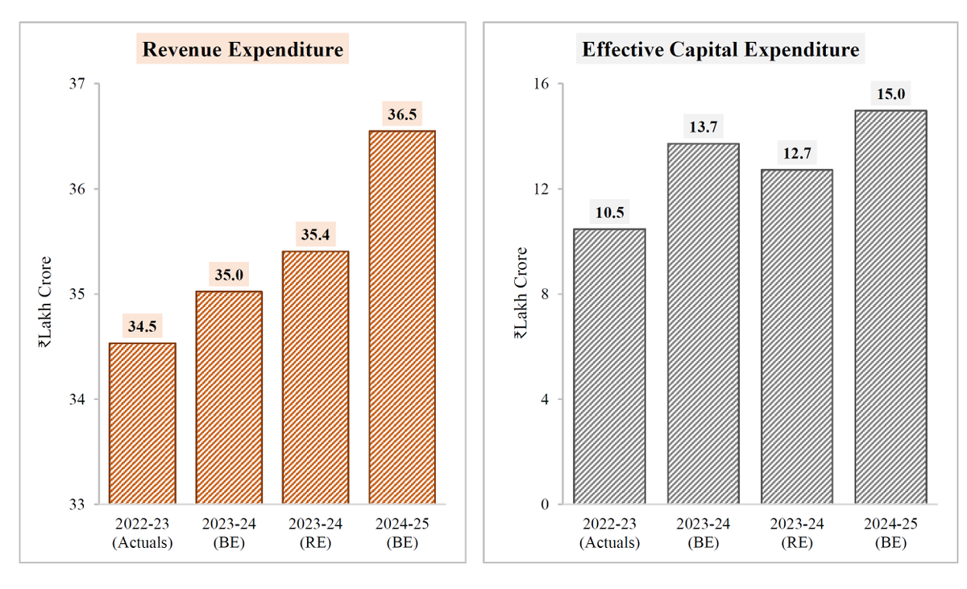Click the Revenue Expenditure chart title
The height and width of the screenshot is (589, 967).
pyautogui.click(x=243, y=50)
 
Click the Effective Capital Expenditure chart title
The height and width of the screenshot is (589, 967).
pyautogui.click(x=720, y=50)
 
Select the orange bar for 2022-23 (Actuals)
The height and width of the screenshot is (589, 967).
pyautogui.click(x=143, y=423)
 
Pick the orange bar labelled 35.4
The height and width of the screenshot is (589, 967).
pyautogui.click(x=315, y=377)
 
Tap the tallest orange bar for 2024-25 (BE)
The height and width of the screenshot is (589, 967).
pyautogui.click(x=402, y=317)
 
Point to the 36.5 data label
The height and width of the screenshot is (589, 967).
pyautogui.click(x=402, y=114)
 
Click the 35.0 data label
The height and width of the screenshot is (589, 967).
pyautogui.click(x=229, y=274)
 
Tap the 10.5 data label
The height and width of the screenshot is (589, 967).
pyautogui.click(x=609, y=213)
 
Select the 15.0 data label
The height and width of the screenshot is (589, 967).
pyautogui.click(x=890, y=94)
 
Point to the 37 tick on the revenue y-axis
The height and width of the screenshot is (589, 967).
pyautogui.click(x=81, y=84)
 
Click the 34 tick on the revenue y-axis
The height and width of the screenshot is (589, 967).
pyautogui.click(x=81, y=400)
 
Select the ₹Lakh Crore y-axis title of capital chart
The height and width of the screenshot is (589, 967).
pyautogui.click(x=521, y=294)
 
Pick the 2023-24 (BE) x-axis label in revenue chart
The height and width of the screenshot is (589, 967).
pyautogui.click(x=229, y=533)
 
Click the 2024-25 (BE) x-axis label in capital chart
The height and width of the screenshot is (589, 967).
pyautogui.click(x=890, y=533)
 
